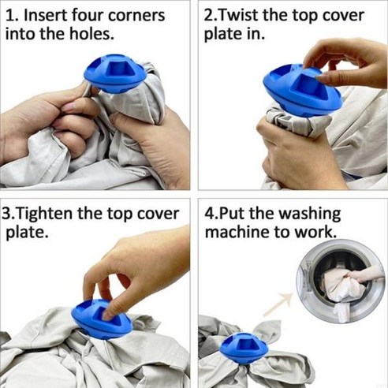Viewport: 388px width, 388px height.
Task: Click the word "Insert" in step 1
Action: pyautogui.click(x=46, y=16)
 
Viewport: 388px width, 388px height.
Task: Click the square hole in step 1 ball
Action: pyautogui.click(x=117, y=69)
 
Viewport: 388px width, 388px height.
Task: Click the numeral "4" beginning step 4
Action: pyautogui.click(x=210, y=214)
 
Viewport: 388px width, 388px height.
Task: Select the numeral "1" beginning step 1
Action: pyautogui.click(x=9, y=16)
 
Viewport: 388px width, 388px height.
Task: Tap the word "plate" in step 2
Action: pyautogui.click(x=223, y=35)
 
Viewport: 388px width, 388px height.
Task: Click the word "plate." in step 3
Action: pyautogui.click(x=27, y=233)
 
